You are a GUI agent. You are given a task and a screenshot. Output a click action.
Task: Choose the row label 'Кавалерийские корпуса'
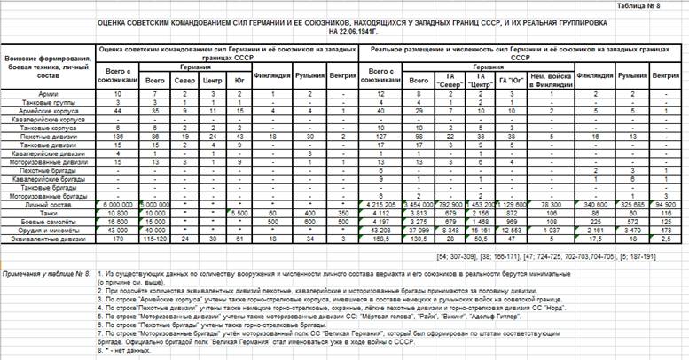(x=46, y=120)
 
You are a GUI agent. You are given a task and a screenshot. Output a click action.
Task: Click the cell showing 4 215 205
(x=380, y=203)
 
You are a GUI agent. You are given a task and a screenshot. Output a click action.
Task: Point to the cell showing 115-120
(x=157, y=238)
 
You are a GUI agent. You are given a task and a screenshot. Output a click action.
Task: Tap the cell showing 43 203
(x=380, y=229)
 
